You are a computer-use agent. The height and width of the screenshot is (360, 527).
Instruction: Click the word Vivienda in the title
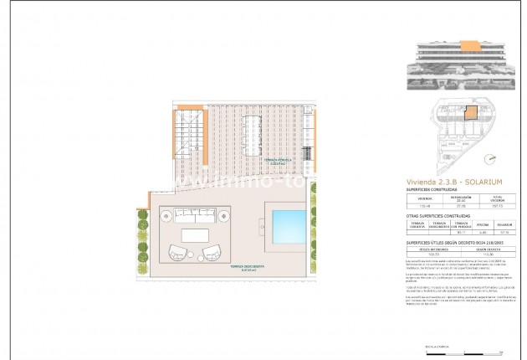[422, 181]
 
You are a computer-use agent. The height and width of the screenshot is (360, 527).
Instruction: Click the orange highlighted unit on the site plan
[470, 111]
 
